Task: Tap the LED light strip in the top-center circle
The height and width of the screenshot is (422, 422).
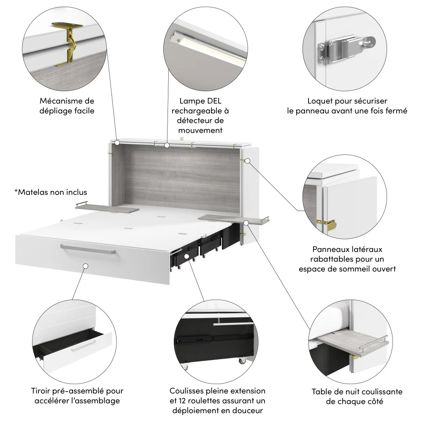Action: click(x=207, y=50)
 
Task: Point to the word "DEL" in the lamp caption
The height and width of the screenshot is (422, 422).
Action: click(x=212, y=101)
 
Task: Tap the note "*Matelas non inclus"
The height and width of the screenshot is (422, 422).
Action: click(x=51, y=192)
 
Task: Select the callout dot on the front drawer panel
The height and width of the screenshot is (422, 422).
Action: click(x=85, y=266)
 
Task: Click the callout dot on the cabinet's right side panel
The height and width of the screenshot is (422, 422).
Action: click(x=248, y=161)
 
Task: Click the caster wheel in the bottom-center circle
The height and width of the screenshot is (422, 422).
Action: click(x=243, y=361)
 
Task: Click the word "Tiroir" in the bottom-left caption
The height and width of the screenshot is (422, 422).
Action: click(x=43, y=391)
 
